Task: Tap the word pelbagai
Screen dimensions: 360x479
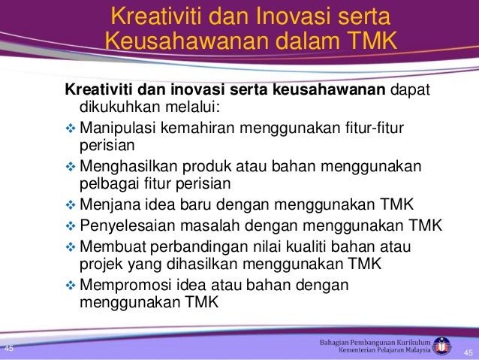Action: tap(106, 183)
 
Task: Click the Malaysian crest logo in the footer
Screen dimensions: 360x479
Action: tap(444, 346)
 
